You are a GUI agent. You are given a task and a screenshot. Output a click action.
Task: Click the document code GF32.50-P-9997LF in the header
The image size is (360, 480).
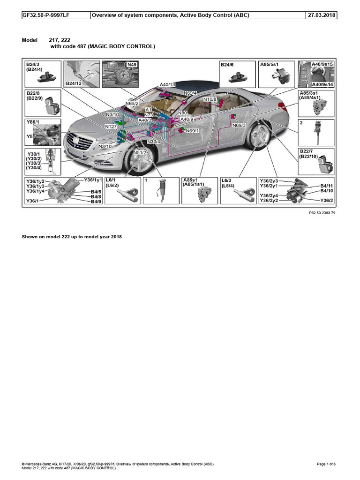tap(46, 15)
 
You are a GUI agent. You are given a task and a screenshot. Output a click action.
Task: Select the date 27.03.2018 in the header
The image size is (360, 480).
tap(322, 15)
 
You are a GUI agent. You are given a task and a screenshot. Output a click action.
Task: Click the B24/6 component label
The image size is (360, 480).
tap(227, 65)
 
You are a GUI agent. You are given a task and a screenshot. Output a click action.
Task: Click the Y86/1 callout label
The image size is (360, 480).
tap(33, 122)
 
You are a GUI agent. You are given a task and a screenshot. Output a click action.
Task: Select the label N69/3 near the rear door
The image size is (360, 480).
tap(239, 125)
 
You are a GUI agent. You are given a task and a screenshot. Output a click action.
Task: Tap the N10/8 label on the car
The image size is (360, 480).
tap(210, 99)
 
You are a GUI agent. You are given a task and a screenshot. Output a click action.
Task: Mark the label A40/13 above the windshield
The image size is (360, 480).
tap(167, 85)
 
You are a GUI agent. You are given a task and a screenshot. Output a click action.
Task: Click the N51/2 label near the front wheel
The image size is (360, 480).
tap(140, 153)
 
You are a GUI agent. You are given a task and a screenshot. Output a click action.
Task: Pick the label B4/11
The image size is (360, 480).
tap(327, 186)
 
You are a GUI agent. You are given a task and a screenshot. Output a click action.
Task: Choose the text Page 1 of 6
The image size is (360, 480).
tap(326, 464)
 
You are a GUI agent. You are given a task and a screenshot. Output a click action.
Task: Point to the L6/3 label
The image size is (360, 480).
tap(227, 180)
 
